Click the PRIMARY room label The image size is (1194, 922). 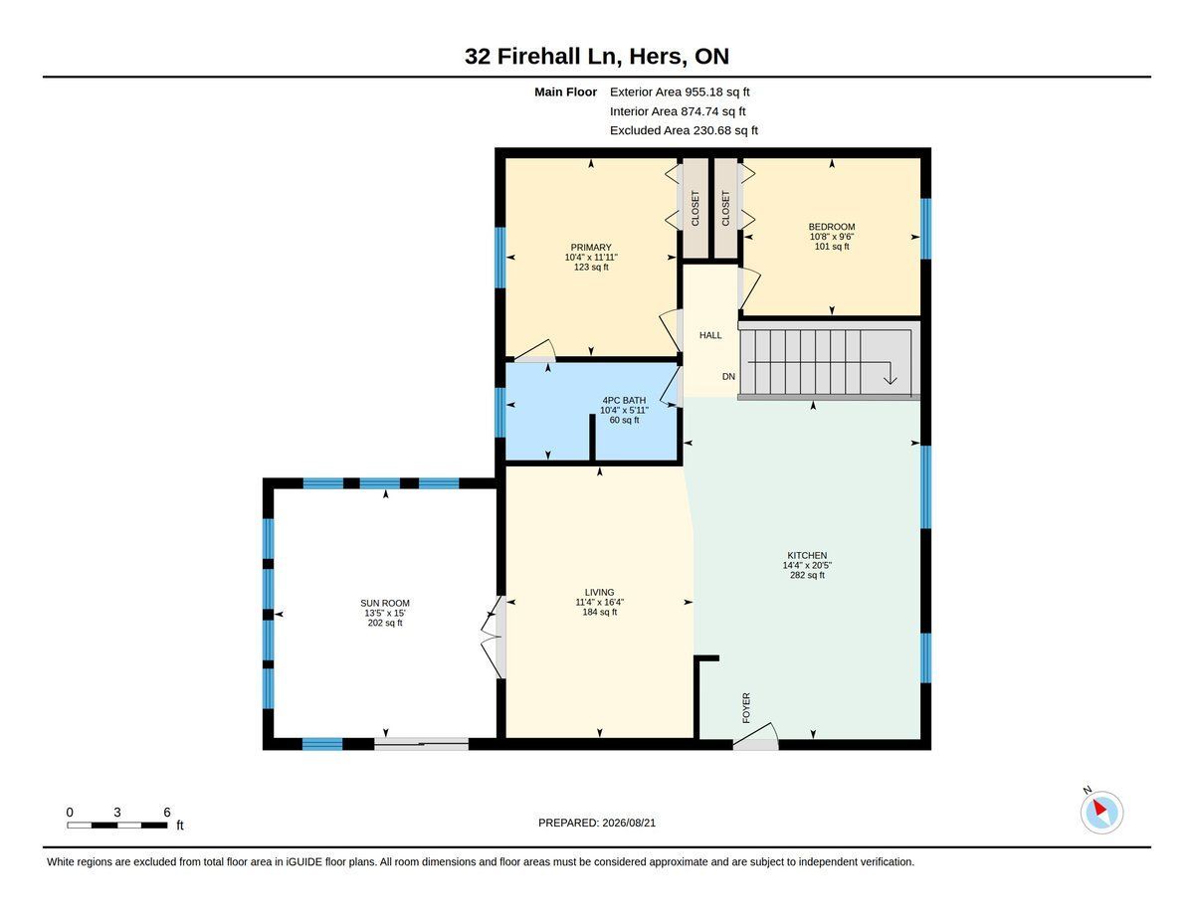591,247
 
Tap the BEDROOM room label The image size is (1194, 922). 832,227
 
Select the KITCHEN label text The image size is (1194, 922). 807,555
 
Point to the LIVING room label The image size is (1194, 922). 599,592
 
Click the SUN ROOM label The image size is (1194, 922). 385,603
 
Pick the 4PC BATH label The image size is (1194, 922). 624,400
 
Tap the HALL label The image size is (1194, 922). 709,335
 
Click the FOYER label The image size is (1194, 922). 745,708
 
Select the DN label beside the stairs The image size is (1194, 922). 728,376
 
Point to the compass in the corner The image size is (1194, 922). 1101,813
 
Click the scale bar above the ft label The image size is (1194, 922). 117,825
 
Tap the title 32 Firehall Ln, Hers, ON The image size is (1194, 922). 597,56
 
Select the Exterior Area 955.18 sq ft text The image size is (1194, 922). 680,92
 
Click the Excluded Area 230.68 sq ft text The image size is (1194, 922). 684,130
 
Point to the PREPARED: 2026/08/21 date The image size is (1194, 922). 597,823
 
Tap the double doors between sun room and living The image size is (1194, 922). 493,637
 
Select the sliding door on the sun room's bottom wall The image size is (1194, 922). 422,744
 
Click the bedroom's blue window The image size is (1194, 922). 926,229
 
